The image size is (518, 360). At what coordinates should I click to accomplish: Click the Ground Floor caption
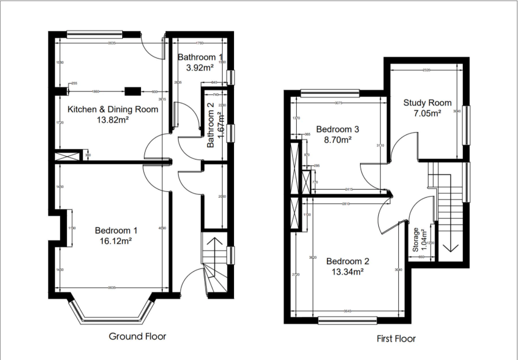pos(137,336)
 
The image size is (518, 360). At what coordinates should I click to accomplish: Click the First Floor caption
pos(396,338)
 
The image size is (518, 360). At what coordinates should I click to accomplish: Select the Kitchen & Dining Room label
pos(113,109)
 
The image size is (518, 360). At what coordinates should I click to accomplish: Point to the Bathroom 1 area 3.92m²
pos(200,67)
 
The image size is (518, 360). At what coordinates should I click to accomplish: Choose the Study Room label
pos(427,103)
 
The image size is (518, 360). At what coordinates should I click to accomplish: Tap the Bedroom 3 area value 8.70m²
pos(334,140)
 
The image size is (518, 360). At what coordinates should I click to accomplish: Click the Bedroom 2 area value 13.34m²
pos(347,271)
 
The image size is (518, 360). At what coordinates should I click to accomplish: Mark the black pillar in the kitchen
pos(133,91)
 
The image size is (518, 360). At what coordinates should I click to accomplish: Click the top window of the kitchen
pos(94,34)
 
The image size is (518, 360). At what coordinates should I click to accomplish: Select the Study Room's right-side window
pos(467,125)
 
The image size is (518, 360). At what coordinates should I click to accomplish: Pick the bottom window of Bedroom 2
pos(347,321)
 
